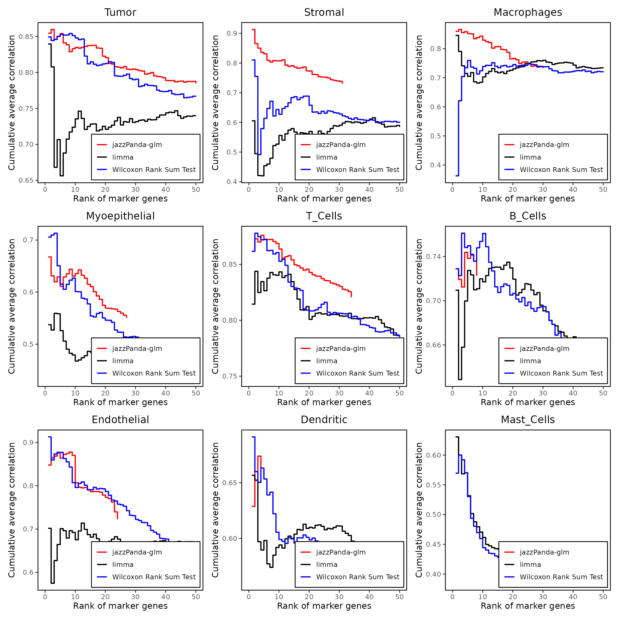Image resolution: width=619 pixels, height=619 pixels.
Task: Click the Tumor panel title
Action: point(120,13)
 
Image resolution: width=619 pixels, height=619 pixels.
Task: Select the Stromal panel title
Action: point(324,13)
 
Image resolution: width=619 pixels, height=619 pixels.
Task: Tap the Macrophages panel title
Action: point(528,13)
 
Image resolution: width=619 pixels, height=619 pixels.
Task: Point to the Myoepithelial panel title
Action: point(120,216)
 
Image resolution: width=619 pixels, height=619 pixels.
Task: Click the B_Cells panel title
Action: point(528,216)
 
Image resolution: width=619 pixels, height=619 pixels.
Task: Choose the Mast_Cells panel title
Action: point(528,420)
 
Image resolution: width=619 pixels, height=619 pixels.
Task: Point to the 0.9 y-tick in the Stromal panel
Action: point(232,33)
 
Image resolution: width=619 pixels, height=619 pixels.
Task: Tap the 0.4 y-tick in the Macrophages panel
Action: point(436,165)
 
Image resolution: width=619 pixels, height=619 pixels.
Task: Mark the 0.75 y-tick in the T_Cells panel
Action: point(230,376)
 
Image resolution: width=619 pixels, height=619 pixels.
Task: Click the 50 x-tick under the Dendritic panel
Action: point(400,597)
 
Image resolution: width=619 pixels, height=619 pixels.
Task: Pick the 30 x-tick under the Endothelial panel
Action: point(135,597)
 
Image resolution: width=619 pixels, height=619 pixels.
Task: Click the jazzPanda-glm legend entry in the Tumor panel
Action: point(137,145)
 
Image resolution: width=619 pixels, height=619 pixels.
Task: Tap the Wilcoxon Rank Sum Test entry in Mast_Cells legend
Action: point(561,577)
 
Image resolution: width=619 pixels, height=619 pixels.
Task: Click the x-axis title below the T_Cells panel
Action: point(324,402)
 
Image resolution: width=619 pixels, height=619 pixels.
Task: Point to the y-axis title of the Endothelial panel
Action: point(12,510)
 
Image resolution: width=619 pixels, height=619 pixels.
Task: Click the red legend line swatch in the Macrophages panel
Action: point(509,145)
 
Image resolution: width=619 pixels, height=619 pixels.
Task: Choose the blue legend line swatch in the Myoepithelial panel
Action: point(102,373)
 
